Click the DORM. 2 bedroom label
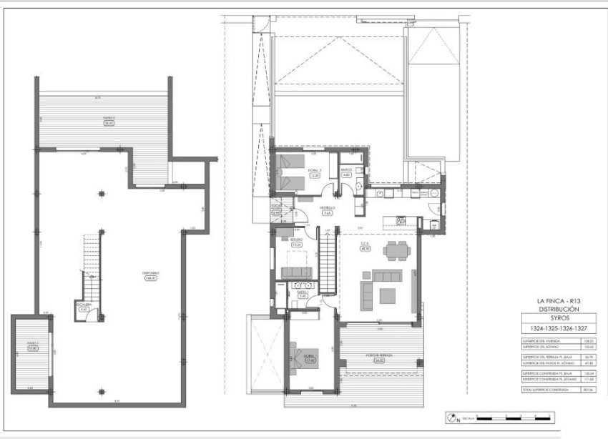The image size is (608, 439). pos(314,171)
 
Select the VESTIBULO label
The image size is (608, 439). pos(326,210)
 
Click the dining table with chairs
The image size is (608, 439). pos(395,251)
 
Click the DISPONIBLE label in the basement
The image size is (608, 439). pos(151,275)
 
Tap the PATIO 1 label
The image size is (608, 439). pos(31,346)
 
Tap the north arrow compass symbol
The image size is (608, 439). pos(450,416)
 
